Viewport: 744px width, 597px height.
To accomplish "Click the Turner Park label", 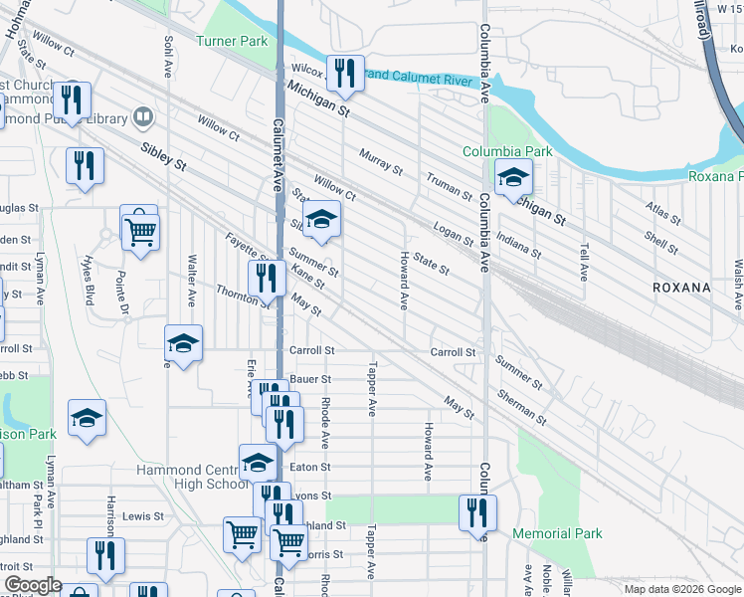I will point(232,41).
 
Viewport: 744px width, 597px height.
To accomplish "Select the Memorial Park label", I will point(557,534).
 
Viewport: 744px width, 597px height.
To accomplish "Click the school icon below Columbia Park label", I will point(513,178).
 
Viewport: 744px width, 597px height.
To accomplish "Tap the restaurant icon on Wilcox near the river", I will point(345,72).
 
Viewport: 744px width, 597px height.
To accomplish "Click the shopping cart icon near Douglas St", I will point(140,231).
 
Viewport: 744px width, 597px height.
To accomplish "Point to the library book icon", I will point(143,118).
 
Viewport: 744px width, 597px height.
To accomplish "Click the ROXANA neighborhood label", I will point(681,288).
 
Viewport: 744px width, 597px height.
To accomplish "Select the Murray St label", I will point(380,164).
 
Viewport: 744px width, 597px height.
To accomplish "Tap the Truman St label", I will point(449,186).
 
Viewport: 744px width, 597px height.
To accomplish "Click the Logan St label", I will point(453,235).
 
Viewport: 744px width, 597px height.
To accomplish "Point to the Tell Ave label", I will point(583,259).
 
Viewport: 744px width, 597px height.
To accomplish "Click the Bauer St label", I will point(310,380).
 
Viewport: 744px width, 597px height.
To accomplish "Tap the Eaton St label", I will point(310,467).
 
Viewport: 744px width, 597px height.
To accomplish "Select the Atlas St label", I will point(662,213).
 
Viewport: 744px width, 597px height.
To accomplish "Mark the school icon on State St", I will point(321,221).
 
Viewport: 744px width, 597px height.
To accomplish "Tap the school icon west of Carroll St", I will point(184,344).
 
